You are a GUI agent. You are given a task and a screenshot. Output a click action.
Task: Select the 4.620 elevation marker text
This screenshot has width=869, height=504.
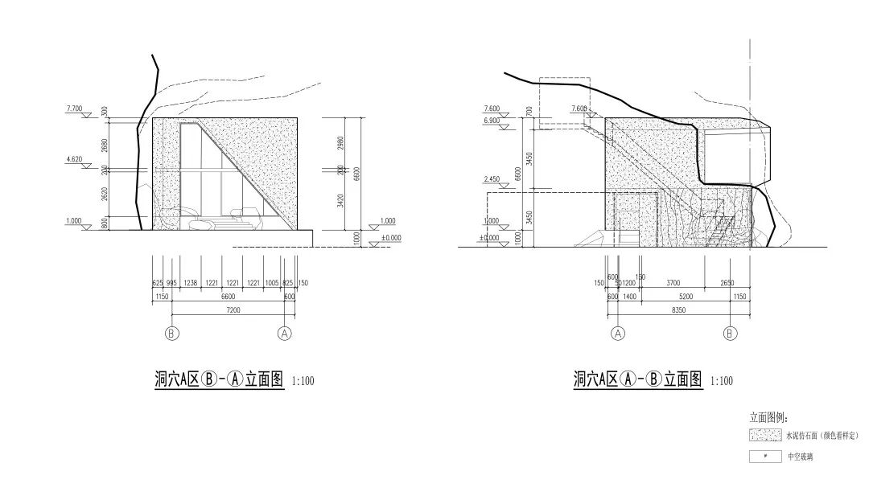click(76, 159)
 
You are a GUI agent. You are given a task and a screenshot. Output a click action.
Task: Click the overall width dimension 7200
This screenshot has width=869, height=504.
click(233, 309)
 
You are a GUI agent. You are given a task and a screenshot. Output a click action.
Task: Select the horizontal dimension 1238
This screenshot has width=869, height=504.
click(191, 284)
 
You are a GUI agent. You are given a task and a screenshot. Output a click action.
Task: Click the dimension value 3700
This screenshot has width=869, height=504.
click(673, 284)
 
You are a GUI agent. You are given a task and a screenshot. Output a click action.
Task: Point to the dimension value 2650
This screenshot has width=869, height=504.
click(728, 284)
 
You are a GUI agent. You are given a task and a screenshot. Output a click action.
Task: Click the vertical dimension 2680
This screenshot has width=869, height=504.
click(105, 145)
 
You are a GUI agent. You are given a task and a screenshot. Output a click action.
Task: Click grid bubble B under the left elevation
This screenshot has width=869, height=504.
click(171, 333)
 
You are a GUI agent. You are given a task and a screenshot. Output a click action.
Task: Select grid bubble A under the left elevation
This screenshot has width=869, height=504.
click(284, 333)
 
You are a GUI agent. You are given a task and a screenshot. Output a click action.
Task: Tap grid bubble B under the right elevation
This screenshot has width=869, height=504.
click(731, 333)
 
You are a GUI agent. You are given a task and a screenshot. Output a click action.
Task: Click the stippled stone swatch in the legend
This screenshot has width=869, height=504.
click(765, 436)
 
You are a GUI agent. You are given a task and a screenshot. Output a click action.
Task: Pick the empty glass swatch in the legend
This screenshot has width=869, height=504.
click(765, 457)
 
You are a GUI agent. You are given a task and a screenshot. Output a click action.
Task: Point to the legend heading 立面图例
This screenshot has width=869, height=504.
click(769, 418)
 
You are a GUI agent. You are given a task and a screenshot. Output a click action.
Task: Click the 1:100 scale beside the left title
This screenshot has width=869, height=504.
click(303, 381)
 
